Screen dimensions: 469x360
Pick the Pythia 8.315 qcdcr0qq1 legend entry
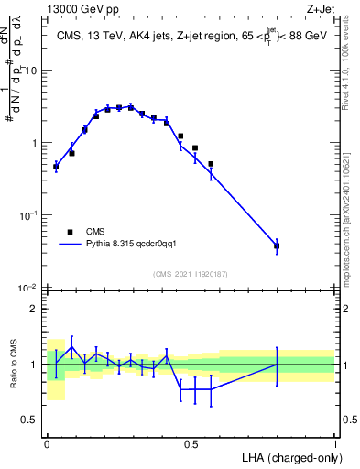[x=124, y=245]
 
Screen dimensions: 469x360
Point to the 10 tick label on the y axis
[x=33, y=71]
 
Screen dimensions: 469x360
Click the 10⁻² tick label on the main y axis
[x=30, y=288]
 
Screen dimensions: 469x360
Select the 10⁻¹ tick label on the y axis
[x=30, y=215]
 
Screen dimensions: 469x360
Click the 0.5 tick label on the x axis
[x=191, y=443]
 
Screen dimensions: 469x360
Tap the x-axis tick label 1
[x=335, y=443]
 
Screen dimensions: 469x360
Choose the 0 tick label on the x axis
[x=47, y=443]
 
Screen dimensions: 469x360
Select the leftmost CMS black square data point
[x=56, y=166]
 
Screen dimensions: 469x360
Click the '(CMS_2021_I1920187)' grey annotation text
[x=191, y=274]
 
